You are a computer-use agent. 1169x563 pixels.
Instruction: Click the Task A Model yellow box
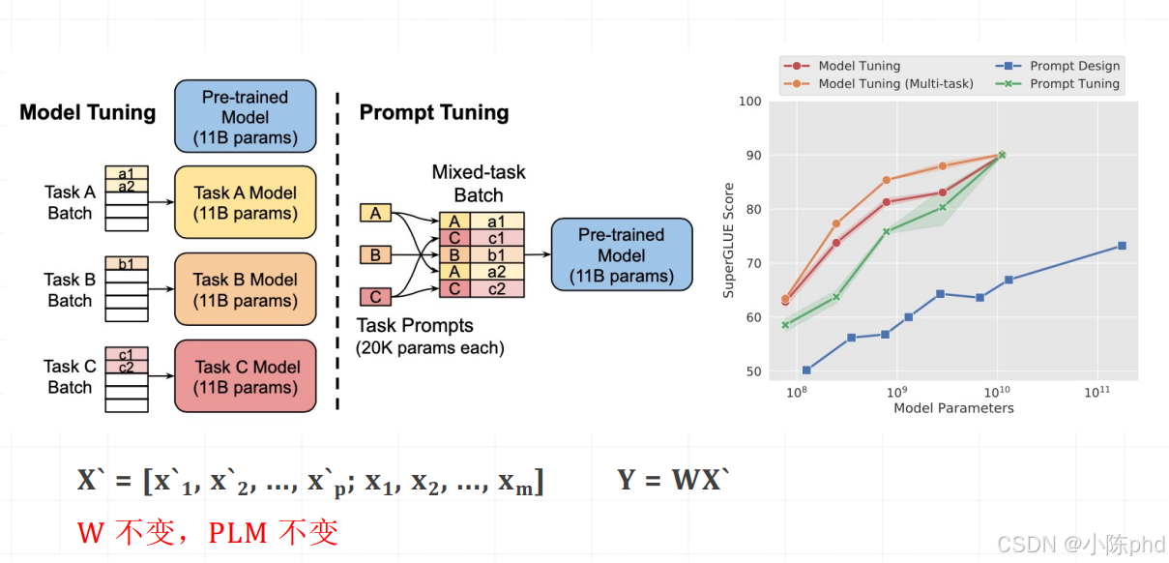pos(246,203)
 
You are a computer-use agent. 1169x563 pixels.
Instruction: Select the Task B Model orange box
pos(246,289)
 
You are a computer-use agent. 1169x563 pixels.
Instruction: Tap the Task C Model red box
pos(246,376)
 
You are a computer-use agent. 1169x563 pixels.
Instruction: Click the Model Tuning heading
pos(88,112)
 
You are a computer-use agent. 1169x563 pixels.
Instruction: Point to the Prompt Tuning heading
pos(434,112)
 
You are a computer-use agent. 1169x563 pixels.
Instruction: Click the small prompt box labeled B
pos(375,255)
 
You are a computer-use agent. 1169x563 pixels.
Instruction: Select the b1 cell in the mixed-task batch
pos(495,255)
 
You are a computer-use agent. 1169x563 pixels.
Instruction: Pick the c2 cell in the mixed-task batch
pos(495,288)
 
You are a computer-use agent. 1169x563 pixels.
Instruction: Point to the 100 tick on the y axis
pos(749,102)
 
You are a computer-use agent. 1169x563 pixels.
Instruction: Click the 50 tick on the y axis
pos(752,371)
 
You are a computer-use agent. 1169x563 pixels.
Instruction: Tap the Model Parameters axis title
pos(953,408)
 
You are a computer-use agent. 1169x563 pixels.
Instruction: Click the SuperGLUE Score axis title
pos(729,240)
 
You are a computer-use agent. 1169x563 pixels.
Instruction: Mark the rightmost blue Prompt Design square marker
pos(1122,246)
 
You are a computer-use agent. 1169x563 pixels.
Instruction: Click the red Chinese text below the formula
pos(208,532)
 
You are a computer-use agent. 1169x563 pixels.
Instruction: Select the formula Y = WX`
pos(670,480)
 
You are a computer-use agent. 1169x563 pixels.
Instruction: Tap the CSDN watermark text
pos(1080,544)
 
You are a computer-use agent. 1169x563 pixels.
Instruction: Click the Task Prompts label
pos(416,325)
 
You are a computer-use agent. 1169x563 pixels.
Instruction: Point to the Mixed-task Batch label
pos(479,183)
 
